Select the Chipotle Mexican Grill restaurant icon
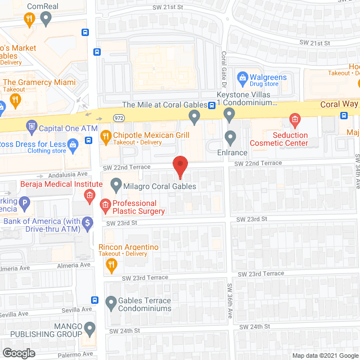[105, 136]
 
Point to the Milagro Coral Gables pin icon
[116, 184]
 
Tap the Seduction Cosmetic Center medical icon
[294, 119]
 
